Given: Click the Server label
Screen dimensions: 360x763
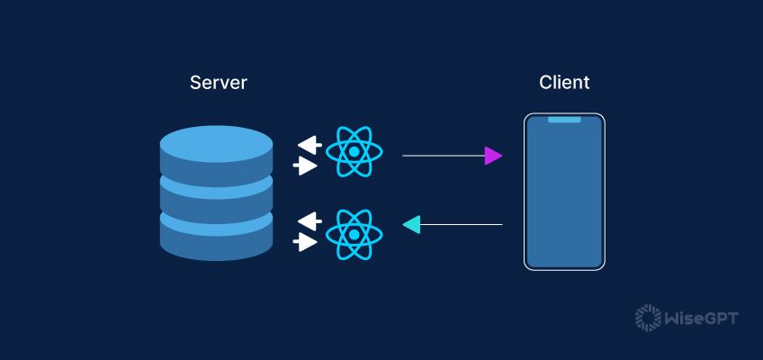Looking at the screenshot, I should coord(218,83).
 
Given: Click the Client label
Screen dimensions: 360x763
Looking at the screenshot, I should coord(564,83).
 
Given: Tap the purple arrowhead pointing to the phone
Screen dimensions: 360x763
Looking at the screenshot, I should coord(492,156).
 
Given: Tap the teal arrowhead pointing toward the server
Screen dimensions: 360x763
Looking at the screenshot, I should coord(411,224).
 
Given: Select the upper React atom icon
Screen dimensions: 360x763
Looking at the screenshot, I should coord(355,151).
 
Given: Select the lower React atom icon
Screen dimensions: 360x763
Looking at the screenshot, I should coord(355,234).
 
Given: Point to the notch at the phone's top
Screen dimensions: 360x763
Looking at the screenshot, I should coord(564,119).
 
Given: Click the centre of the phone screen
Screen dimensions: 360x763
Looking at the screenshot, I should coord(564,192).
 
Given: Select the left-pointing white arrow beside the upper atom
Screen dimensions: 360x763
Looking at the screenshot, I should coord(310,144).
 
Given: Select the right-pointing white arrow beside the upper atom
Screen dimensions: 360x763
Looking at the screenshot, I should coord(306,166).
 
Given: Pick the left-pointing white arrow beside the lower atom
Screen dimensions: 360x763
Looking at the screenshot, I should coord(310,220).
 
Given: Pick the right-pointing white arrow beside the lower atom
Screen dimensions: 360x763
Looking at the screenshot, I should coord(306,242).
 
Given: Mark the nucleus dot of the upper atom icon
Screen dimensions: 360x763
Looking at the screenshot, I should coord(355,151).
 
